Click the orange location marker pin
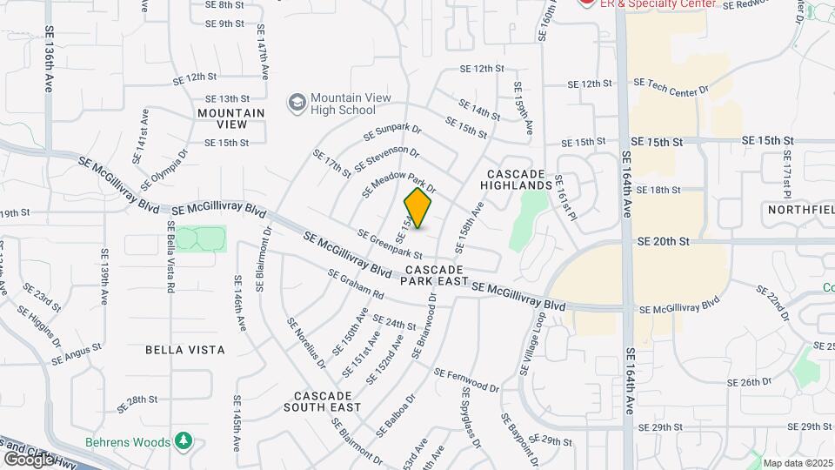[418, 209]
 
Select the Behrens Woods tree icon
[184, 441]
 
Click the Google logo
[29, 459]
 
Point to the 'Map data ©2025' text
[798, 462]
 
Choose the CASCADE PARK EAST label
[433, 276]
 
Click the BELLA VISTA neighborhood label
[186, 350]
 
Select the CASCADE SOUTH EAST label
[322, 401]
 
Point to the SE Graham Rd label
[356, 284]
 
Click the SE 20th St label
[663, 241]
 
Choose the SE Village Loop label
[531, 345]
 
